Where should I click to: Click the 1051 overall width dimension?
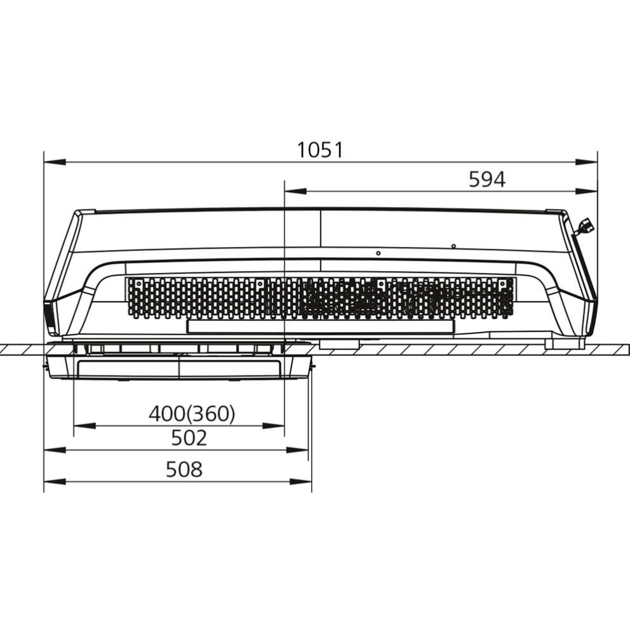tap(320, 150)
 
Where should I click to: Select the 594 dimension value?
tap(487, 180)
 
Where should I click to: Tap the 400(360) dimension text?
tap(192, 414)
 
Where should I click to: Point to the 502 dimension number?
tap(189, 438)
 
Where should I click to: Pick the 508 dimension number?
tap(184, 470)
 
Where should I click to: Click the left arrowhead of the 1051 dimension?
tap(55, 162)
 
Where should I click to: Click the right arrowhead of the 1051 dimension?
tap(586, 162)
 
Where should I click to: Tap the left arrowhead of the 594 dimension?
tap(296, 191)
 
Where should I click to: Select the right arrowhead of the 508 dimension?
tap(301, 482)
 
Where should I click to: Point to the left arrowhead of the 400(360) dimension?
tap(84, 426)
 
